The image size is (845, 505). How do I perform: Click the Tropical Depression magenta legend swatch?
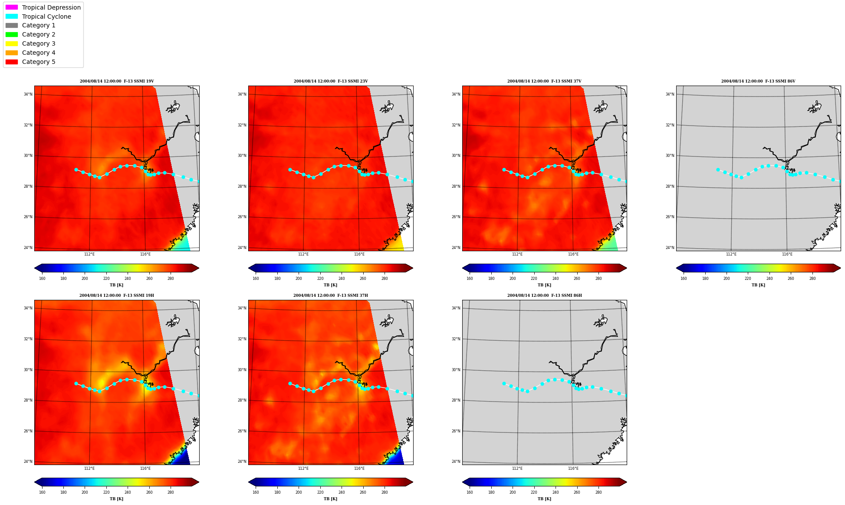(12, 7)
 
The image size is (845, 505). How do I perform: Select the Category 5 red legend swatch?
(12, 62)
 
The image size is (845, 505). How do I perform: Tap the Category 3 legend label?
(39, 43)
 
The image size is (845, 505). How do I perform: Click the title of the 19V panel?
(117, 81)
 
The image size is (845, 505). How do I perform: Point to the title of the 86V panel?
(758, 81)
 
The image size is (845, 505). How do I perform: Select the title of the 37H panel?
(331, 296)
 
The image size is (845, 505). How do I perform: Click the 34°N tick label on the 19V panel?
(28, 94)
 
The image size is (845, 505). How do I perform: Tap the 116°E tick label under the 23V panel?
(359, 254)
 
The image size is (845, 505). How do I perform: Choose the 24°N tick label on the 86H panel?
(456, 462)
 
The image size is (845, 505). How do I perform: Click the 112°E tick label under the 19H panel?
(89, 468)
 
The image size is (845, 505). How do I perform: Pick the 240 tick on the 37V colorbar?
(555, 279)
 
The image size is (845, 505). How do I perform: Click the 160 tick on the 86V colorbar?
(684, 279)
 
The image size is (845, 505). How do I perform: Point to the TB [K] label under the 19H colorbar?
(116, 499)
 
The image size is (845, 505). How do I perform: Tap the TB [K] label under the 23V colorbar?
(330, 285)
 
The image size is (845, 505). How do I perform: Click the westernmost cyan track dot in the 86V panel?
(718, 169)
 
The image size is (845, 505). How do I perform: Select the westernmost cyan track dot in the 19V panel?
(76, 169)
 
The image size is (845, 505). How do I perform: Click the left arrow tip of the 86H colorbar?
(463, 482)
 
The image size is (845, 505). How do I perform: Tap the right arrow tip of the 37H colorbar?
(413, 482)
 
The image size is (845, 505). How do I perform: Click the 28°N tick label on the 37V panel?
(456, 186)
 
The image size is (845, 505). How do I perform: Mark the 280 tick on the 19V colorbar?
(171, 279)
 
